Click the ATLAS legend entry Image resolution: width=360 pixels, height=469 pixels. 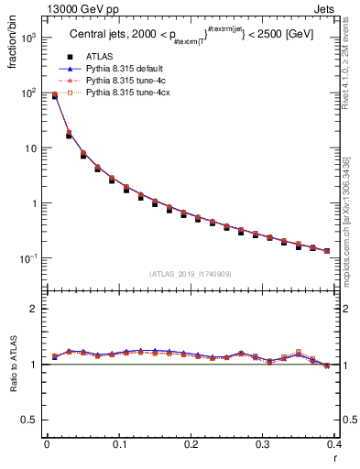pyautogui.click(x=98, y=59)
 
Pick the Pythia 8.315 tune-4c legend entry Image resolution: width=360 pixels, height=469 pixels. pyautogui.click(x=123, y=82)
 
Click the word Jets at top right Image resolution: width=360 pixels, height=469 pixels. pyautogui.click(x=341, y=8)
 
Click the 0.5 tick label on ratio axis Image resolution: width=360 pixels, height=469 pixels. pyautogui.click(x=30, y=420)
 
